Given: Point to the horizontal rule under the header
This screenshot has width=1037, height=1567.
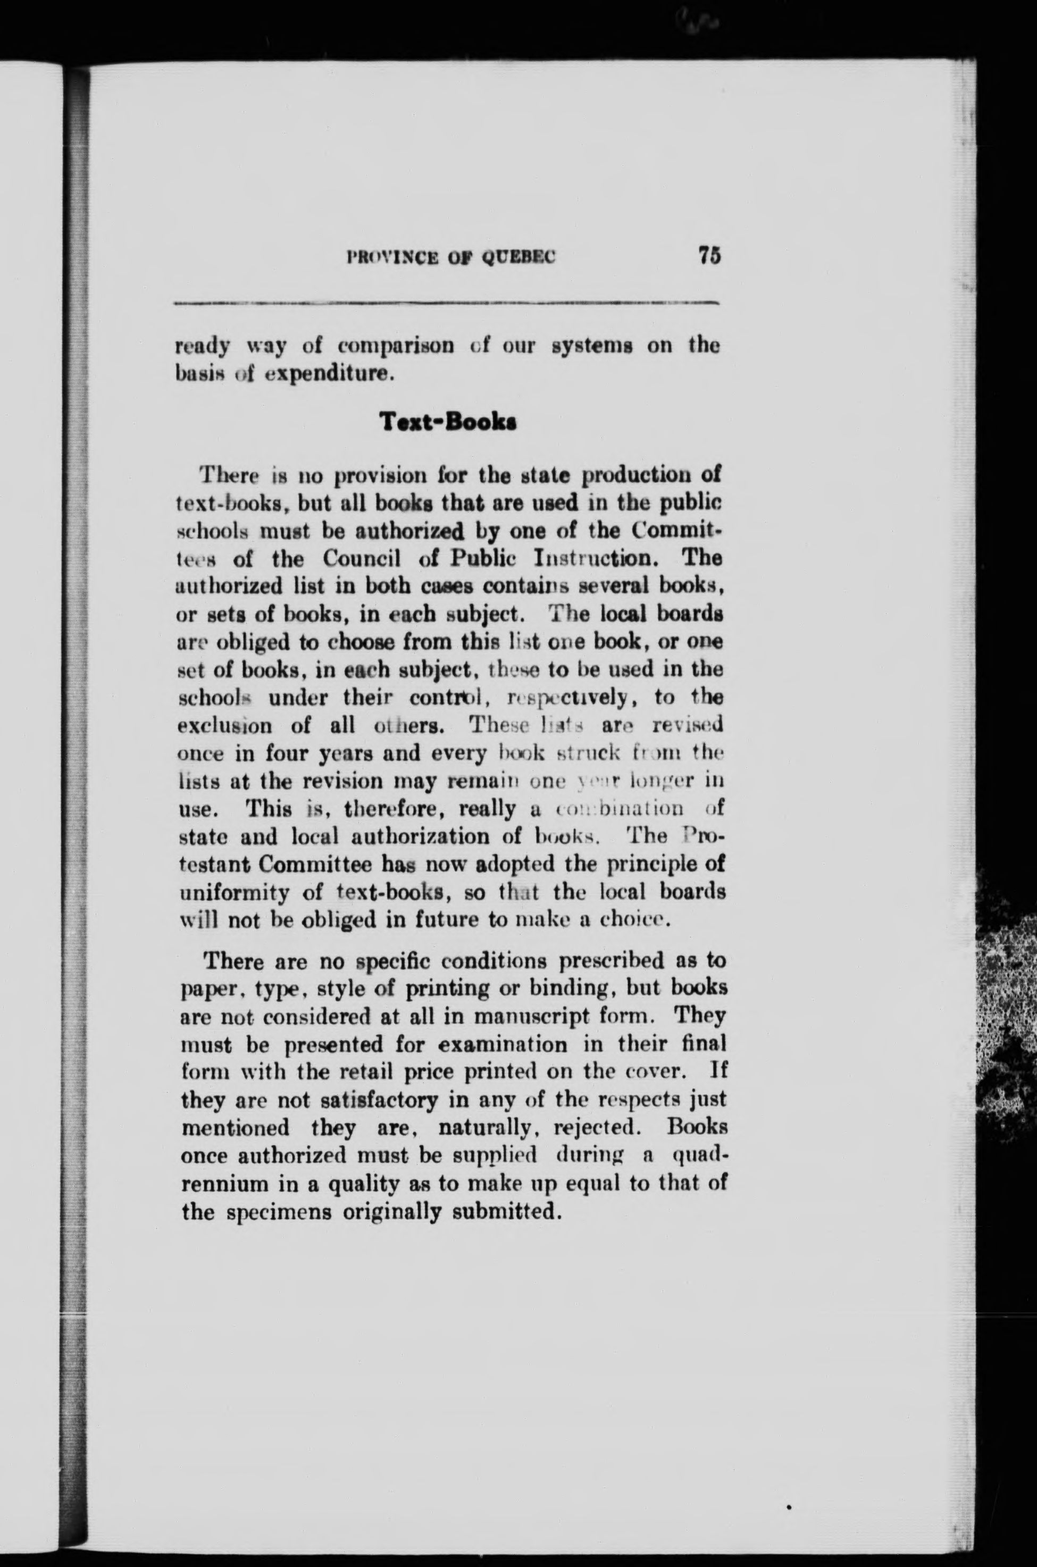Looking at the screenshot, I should (446, 304).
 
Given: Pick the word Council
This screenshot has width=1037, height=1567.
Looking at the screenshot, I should (362, 559).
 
